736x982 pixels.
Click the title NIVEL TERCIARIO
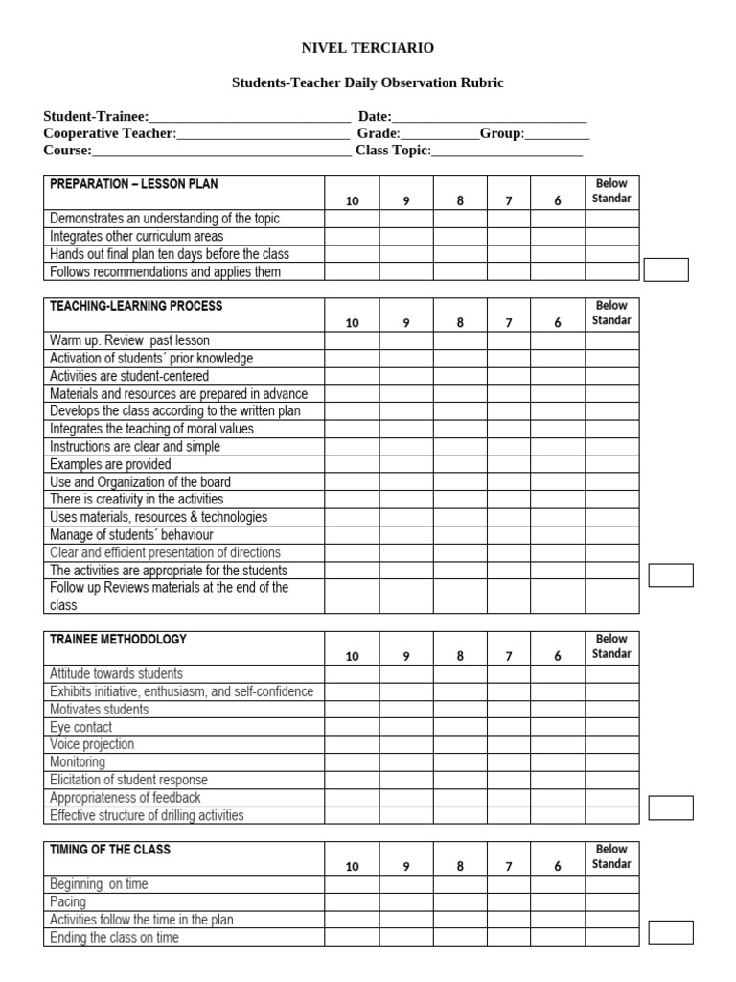click(x=368, y=48)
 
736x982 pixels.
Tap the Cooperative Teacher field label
click(x=110, y=133)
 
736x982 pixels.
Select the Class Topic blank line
click(x=508, y=151)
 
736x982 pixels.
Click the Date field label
click(x=375, y=117)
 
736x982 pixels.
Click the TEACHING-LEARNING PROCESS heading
click(x=136, y=306)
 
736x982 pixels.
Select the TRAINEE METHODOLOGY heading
click(x=119, y=640)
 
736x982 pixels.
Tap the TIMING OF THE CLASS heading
click(x=110, y=850)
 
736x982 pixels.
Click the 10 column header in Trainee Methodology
click(x=352, y=656)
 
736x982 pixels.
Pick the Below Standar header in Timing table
click(x=611, y=856)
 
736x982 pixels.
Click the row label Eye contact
click(x=81, y=727)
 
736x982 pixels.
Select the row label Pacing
click(x=68, y=901)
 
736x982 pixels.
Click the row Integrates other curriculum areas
click(x=137, y=236)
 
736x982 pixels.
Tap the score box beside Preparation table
click(x=666, y=269)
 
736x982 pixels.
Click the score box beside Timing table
click(x=671, y=932)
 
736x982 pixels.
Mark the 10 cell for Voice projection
click(x=352, y=744)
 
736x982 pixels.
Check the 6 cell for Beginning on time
click(x=558, y=884)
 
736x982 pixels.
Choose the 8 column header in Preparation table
click(x=460, y=200)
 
